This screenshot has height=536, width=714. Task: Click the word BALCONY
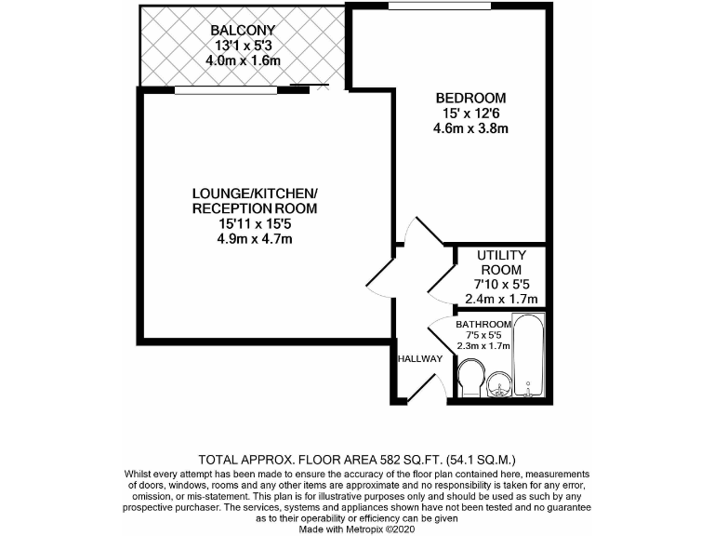243,29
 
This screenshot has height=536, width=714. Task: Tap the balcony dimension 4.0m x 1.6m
243,60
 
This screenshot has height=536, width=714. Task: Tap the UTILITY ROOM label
501,262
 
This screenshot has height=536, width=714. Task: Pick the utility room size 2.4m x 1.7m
501,299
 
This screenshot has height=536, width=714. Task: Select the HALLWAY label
419,358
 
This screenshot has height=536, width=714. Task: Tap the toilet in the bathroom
470,380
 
